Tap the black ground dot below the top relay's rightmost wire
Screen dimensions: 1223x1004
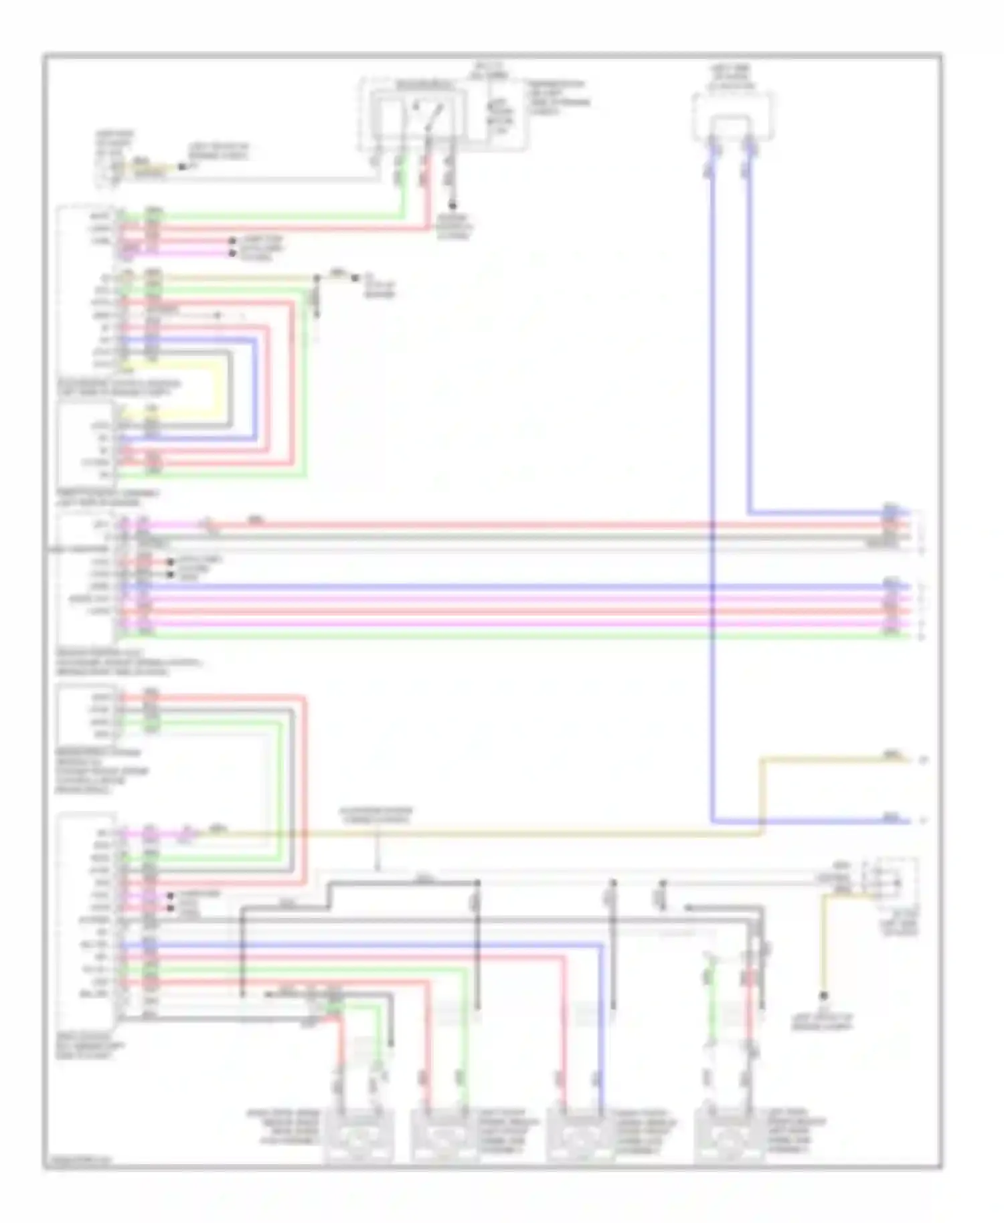tap(454, 205)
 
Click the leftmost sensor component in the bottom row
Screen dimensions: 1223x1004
tap(358, 1137)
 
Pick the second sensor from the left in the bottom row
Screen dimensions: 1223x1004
tap(444, 1137)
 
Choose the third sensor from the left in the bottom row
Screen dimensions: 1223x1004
tap(580, 1137)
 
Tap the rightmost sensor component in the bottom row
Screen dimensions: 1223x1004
tap(728, 1137)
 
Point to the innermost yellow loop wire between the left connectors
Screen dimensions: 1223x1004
tap(218, 388)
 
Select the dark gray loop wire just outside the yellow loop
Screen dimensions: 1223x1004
tap(230, 388)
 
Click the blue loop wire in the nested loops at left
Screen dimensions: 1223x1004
tap(255, 388)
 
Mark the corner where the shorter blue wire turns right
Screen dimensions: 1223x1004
tap(749, 513)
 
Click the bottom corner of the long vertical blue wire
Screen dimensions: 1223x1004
tap(713, 821)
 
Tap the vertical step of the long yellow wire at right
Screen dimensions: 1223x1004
tap(761, 796)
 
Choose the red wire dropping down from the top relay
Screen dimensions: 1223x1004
tap(428, 194)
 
